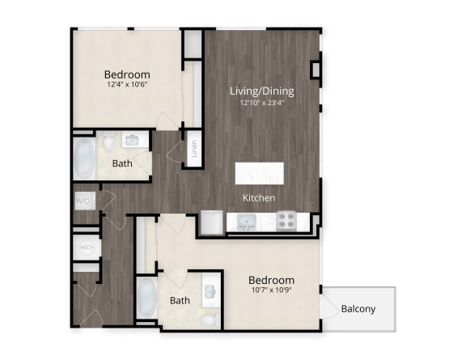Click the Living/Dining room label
[262, 91]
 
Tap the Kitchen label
[259, 198]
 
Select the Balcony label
[358, 309]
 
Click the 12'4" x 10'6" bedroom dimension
[127, 84]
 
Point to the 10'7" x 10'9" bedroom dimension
[271, 290]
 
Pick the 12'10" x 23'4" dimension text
[262, 104]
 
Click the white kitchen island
[260, 173]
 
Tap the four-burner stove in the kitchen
[286, 221]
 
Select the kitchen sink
[247, 222]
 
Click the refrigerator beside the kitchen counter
[212, 222]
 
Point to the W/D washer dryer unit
[85, 201]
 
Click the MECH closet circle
[87, 247]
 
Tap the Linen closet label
[194, 149]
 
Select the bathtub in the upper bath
[85, 159]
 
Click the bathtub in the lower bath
[146, 299]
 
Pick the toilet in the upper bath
[109, 141]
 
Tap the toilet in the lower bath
[211, 320]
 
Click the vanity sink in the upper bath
[131, 140]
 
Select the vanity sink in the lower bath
[210, 291]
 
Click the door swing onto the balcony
[330, 309]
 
